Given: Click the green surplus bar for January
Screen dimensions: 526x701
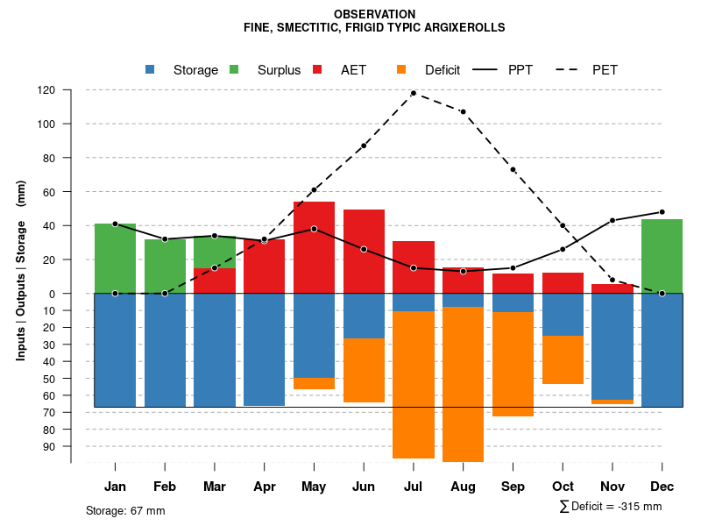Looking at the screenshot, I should (x=115, y=258).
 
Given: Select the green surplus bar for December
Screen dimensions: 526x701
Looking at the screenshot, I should (x=662, y=256).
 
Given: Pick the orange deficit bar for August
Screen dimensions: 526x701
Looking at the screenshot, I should (x=463, y=384).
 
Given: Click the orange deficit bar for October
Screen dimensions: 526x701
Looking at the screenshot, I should (x=563, y=359).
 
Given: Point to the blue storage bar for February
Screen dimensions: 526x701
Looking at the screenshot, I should (x=165, y=350).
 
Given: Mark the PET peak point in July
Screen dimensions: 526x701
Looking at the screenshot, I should (x=414, y=93).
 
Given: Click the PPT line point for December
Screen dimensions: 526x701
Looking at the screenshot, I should (x=662, y=212).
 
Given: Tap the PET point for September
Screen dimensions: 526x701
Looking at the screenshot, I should (x=513, y=169).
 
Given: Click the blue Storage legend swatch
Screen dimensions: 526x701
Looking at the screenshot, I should (x=150, y=70).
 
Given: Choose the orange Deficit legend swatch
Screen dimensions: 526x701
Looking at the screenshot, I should (x=401, y=70).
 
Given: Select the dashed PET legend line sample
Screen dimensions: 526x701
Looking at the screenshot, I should (x=571, y=70).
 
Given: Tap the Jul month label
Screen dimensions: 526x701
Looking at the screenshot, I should (x=414, y=487).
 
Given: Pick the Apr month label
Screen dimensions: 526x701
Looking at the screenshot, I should (x=265, y=487).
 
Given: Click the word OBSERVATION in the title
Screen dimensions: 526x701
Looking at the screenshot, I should (x=375, y=14).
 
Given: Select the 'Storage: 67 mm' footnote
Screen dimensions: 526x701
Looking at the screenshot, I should (x=125, y=510).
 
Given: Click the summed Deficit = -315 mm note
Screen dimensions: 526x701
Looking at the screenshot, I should (x=611, y=507).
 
